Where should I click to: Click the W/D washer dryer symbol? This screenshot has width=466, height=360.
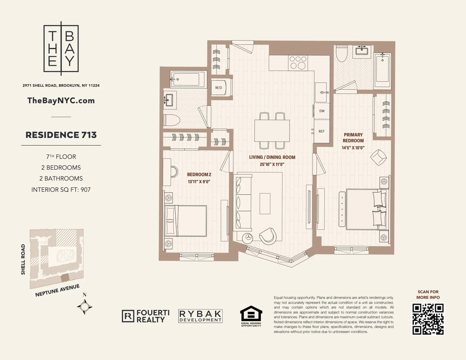coord(219,88)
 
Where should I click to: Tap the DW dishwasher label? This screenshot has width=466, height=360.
coord(322,111)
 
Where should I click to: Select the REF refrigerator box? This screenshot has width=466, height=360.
coord(322,131)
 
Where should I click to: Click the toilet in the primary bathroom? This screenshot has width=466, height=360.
coord(342,54)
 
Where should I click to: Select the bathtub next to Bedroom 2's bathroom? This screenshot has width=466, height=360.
coord(185,79)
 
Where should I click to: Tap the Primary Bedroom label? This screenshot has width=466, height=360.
coord(353,138)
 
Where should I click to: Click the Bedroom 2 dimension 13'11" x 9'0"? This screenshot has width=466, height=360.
coord(199,182)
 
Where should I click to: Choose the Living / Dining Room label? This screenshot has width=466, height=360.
coord(272,157)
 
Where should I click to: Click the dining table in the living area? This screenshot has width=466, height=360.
coord(272,131)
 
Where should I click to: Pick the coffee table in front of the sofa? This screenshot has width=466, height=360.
coord(265,203)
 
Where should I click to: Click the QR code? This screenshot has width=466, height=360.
coord(428,319)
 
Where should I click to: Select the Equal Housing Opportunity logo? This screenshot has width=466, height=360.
coord(251,316)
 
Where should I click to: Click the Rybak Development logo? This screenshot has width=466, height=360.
coord(200,316)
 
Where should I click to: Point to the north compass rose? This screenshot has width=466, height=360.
coord(85,306)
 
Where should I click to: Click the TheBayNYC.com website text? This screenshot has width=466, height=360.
coord(61,101)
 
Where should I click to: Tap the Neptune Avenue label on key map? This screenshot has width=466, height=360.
coord(57,290)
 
